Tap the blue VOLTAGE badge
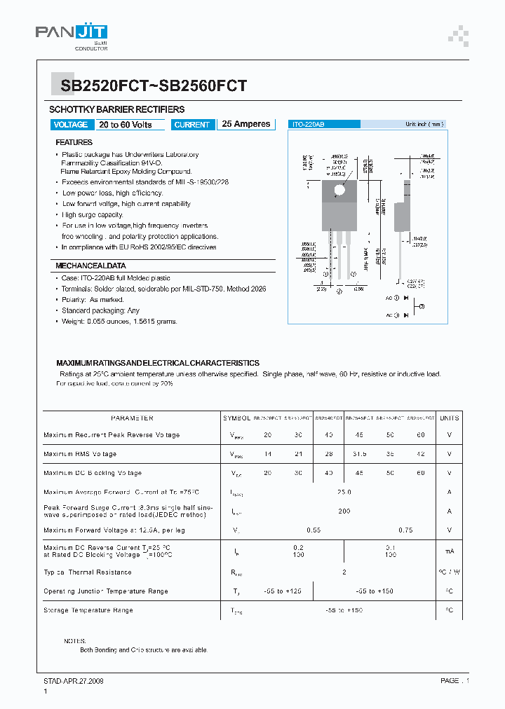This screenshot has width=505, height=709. tap(71, 125)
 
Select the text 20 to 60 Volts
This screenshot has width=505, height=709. tap(126, 125)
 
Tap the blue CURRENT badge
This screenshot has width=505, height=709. tap(192, 125)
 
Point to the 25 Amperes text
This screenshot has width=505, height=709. tap(246, 124)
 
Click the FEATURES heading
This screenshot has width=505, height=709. tap(74, 142)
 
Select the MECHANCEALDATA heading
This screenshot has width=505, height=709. tap(90, 266)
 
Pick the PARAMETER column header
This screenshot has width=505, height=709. tap(132, 418)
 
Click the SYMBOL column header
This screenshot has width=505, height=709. tap(236, 418)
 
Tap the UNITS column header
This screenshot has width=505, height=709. tap(449, 418)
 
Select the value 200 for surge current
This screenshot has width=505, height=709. tap(344, 511)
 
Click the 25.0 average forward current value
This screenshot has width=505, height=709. tap(344, 493)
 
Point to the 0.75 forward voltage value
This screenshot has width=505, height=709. tap(405, 530)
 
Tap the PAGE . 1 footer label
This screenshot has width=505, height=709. tap(454, 680)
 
